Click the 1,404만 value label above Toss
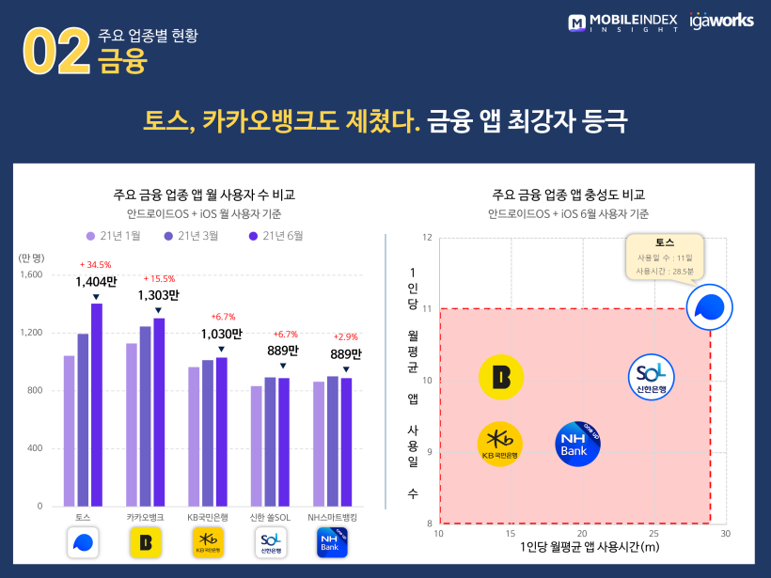(96, 281)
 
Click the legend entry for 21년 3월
(193, 236)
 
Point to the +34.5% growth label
(96, 265)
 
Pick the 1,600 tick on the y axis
(31, 274)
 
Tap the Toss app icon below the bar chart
(83, 542)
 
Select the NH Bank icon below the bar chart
(332, 542)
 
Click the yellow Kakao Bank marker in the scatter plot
(501, 377)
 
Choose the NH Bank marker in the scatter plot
(577, 444)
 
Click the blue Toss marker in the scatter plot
(709, 307)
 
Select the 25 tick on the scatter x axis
(653, 533)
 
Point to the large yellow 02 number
(55, 52)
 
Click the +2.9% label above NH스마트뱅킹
(345, 336)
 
